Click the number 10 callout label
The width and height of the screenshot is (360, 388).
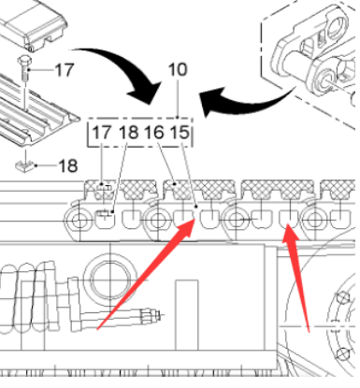click(179, 70)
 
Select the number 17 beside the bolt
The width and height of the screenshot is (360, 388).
click(63, 70)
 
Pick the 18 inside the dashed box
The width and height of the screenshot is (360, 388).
click(128, 134)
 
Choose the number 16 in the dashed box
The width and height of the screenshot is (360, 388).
click(154, 134)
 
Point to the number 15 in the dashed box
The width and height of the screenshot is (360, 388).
click(180, 134)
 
